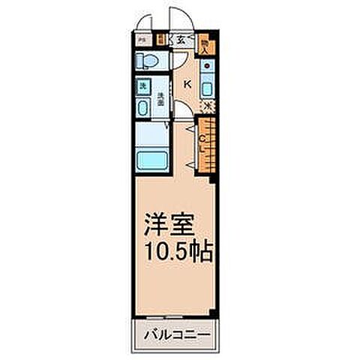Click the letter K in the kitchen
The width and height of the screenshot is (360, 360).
tap(187, 85)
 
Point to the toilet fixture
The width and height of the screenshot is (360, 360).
tap(147, 60)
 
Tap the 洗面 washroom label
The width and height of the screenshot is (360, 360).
tap(160, 96)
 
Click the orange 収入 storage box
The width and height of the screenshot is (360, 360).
tap(207, 46)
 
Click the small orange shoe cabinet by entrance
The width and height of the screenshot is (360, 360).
tap(160, 40)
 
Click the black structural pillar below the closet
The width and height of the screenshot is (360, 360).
tap(214, 177)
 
